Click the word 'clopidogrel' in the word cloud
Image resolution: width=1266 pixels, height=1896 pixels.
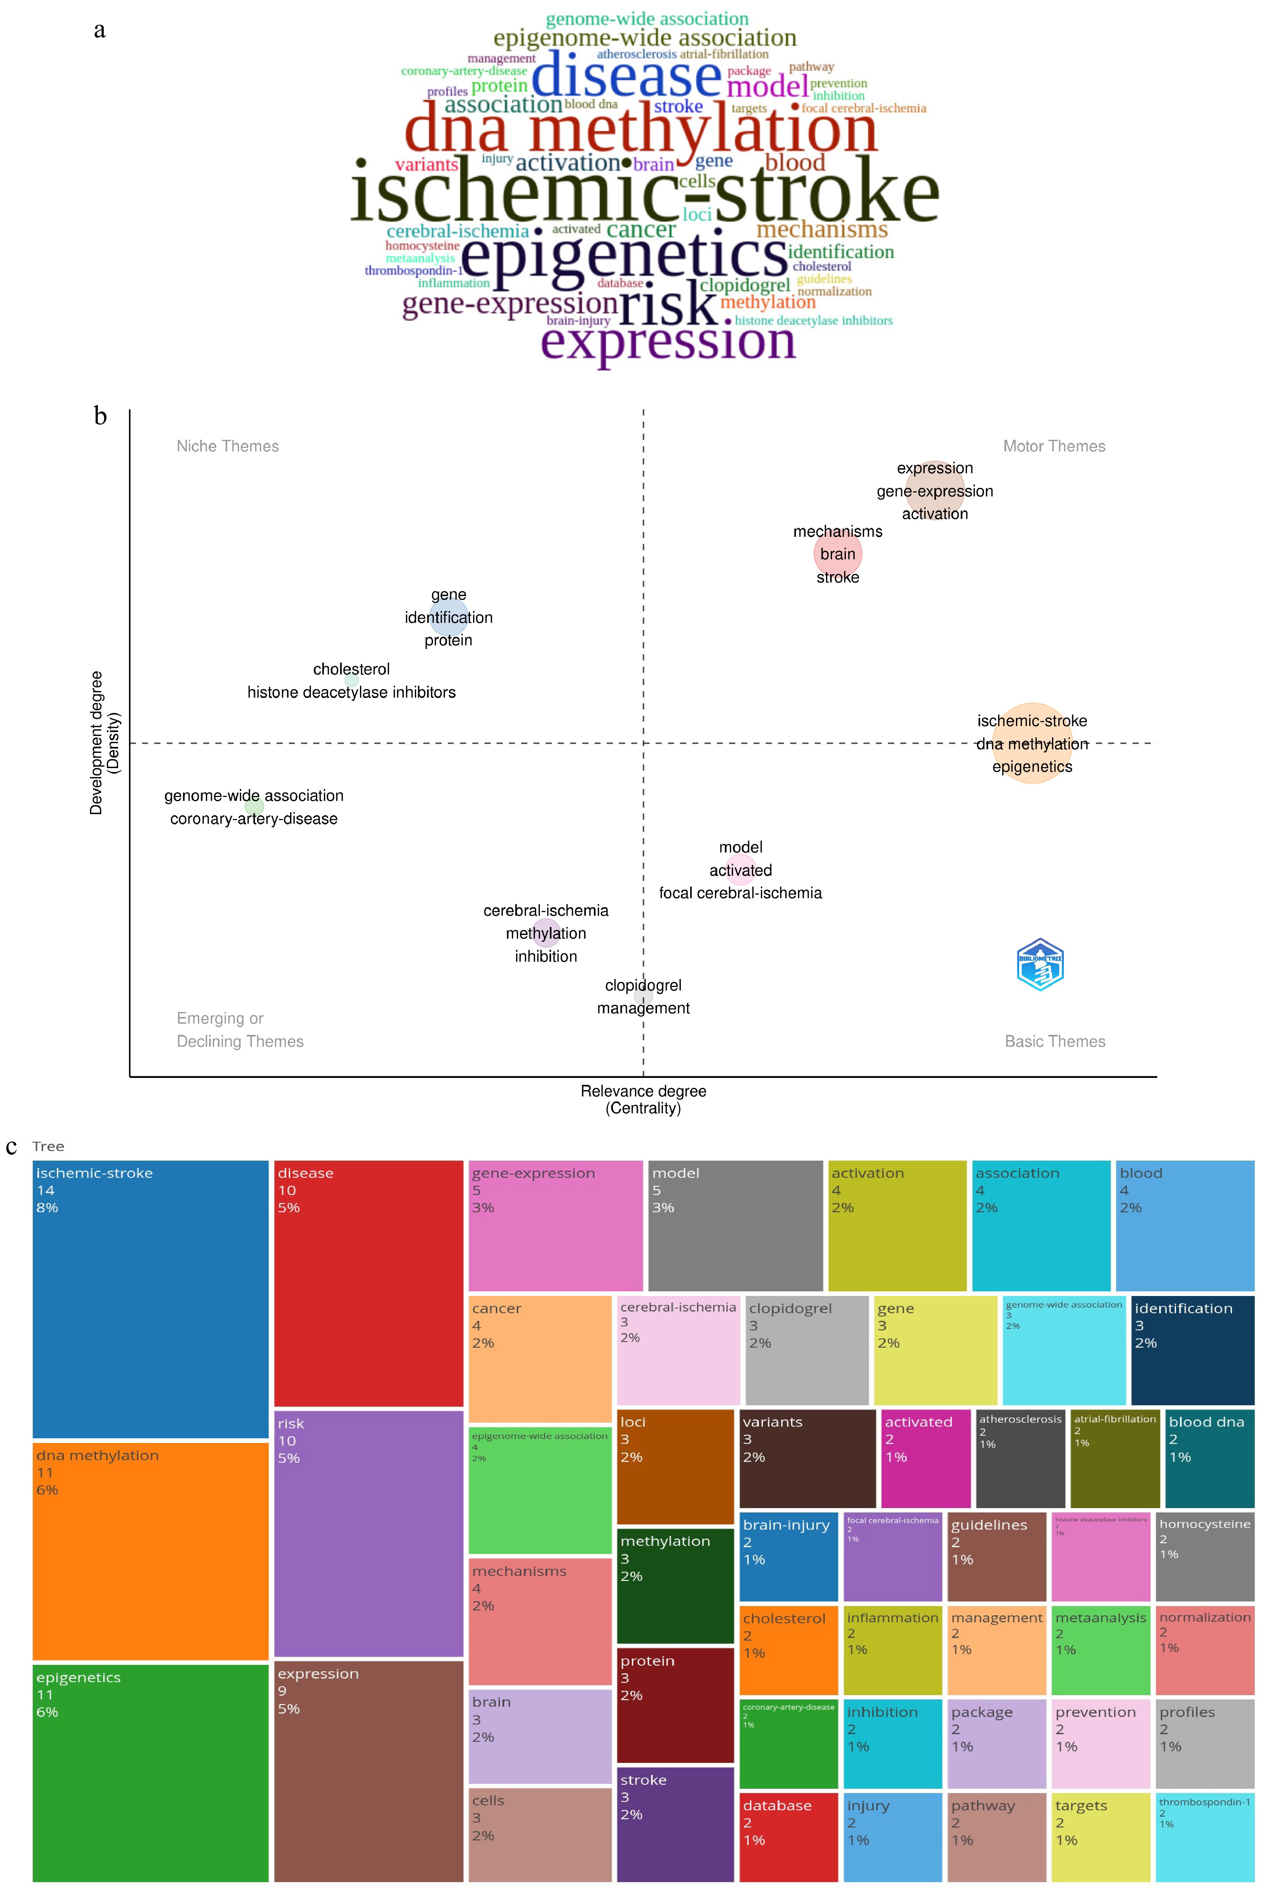point(744,285)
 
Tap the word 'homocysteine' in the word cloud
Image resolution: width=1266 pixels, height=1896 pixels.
point(422,246)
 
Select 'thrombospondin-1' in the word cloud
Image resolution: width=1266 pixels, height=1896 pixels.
point(414,270)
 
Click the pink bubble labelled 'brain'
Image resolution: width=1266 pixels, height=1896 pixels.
point(837,554)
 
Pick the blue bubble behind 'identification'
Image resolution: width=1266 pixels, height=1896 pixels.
point(448,617)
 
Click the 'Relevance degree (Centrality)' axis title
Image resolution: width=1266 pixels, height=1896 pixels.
point(643,1099)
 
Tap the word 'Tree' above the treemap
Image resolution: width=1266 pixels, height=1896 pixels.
point(48,1146)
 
